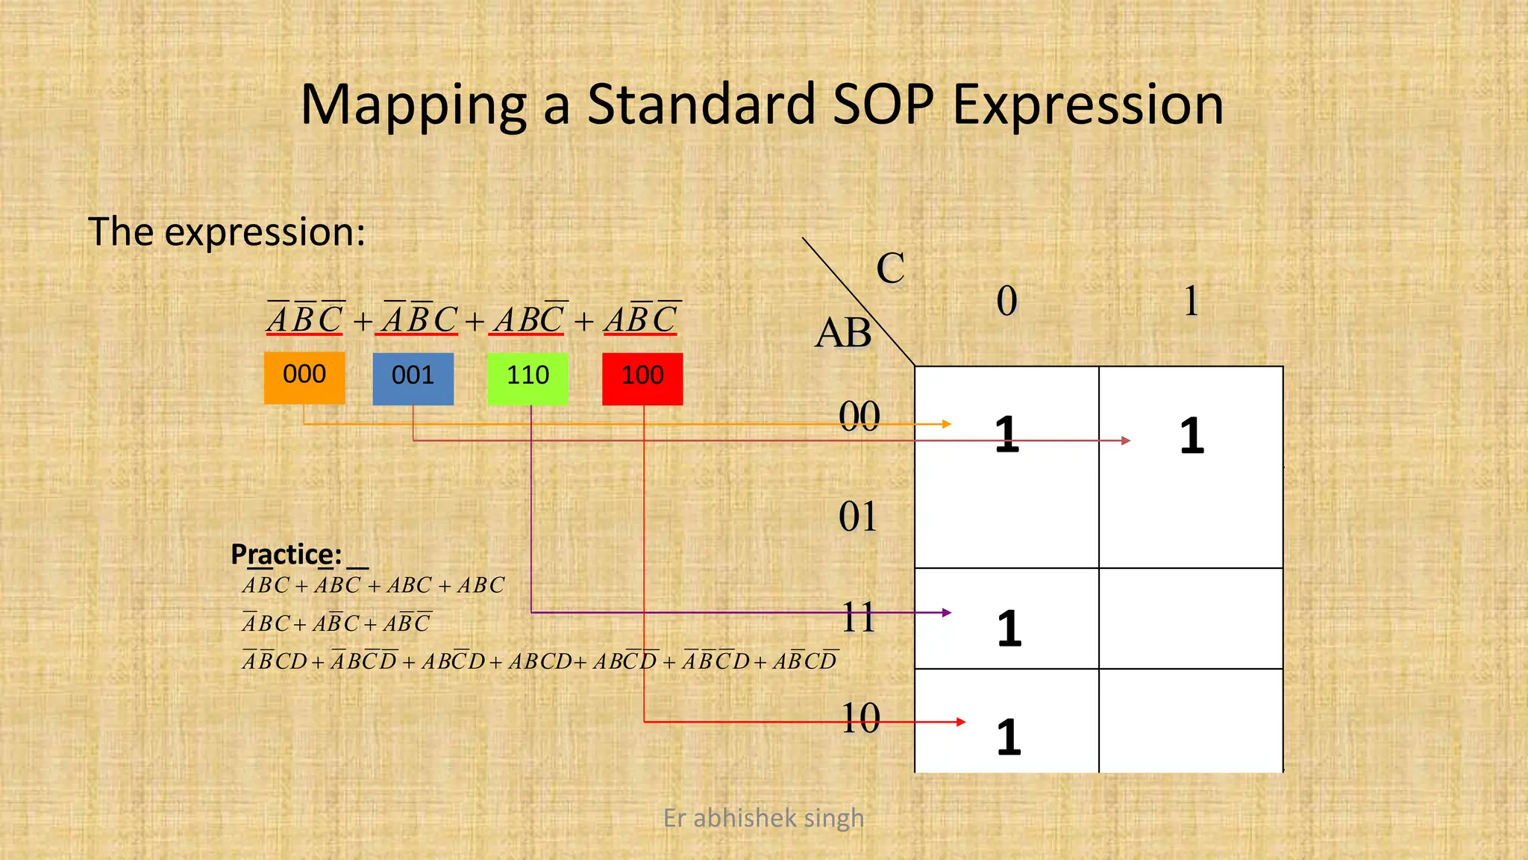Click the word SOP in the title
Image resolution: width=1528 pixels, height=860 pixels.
point(882,105)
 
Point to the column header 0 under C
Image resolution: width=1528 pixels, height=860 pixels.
point(1006,301)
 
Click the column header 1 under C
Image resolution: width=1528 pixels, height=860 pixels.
point(1192,301)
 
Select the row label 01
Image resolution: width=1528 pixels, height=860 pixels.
point(858,517)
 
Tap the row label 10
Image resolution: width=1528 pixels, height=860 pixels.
point(860,718)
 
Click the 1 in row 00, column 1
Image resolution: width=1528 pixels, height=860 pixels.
point(1192,436)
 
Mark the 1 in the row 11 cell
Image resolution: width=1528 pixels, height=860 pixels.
point(1009,629)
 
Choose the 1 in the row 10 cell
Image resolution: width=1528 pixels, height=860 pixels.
point(1009,737)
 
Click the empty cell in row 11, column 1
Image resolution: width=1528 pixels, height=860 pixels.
point(1191,618)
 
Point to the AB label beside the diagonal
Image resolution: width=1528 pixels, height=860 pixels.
point(843,333)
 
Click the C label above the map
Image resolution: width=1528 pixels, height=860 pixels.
point(890,268)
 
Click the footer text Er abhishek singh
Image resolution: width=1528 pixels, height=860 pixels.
point(763,818)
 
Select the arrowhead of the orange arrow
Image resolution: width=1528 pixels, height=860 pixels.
point(947,424)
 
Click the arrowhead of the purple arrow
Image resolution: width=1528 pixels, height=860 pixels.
point(947,612)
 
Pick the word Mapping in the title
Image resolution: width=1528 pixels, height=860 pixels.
point(414,105)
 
